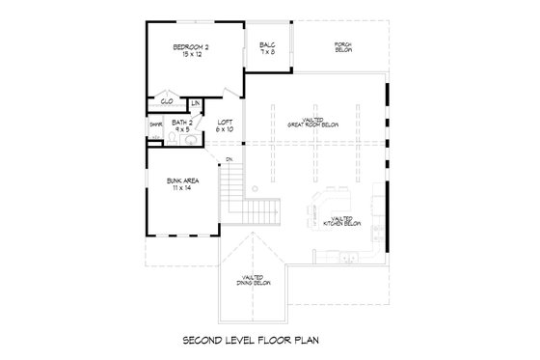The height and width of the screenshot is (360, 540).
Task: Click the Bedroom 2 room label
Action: coord(192,47)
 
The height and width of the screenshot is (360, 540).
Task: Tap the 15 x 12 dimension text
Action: coord(192,56)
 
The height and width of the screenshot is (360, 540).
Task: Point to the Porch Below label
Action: coord(341,47)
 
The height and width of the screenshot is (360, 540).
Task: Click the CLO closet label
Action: coord(166,100)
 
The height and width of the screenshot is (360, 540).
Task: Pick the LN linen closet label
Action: coord(196,102)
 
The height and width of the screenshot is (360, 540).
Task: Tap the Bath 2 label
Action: coord(182,123)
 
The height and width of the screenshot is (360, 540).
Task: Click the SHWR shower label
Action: coord(154,125)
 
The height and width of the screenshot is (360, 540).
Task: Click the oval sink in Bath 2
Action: coord(190,139)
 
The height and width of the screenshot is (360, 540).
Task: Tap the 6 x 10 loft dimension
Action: coord(225,129)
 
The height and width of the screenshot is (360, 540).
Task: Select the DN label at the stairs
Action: coord(229,158)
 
